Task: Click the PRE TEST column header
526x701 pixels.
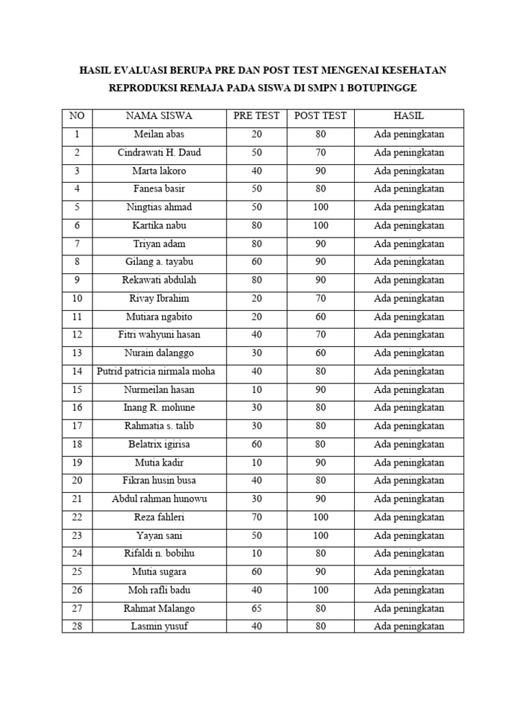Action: tap(257, 116)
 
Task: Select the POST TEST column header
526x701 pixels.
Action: tap(321, 116)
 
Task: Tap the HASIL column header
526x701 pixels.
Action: tap(409, 116)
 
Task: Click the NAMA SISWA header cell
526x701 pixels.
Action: tap(160, 116)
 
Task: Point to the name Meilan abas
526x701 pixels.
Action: tap(160, 134)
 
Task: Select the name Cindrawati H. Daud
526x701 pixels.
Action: tap(160, 153)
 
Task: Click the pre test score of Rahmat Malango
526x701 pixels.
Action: tap(257, 608)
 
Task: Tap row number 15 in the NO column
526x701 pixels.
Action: tap(77, 390)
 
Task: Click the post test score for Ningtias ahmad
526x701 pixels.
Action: tap(321, 207)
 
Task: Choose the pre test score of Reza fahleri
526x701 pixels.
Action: tap(257, 517)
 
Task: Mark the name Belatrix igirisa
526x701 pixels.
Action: tap(160, 444)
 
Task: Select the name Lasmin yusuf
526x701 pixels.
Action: tap(160, 626)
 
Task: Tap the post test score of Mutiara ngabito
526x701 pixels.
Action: tap(321, 317)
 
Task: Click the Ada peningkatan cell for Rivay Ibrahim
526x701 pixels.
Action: tap(409, 298)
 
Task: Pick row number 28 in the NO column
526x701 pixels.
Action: tap(77, 626)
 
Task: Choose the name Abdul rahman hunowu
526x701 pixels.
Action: tap(160, 499)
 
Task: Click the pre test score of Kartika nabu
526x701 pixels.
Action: tap(257, 225)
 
